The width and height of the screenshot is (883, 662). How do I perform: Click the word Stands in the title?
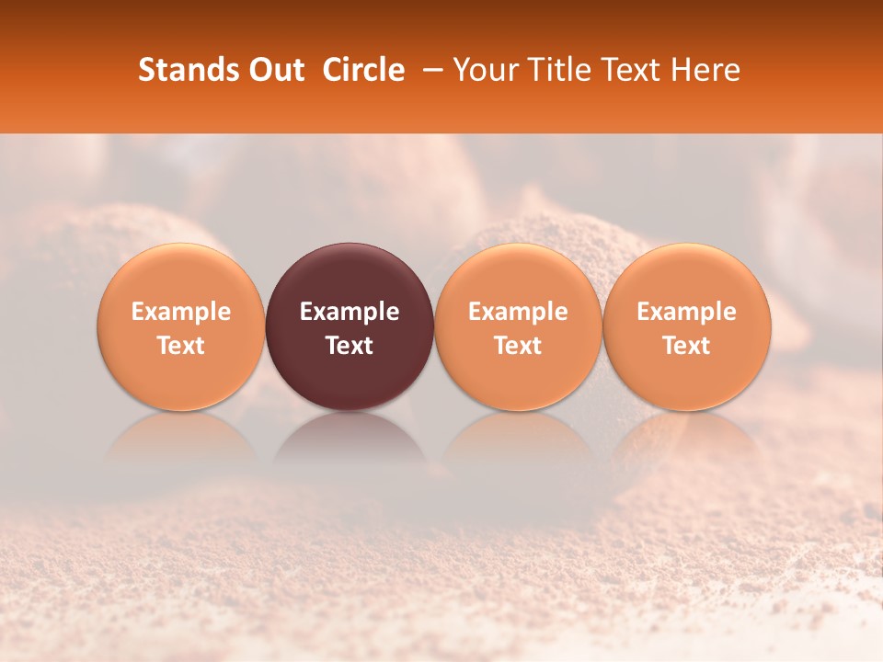189,70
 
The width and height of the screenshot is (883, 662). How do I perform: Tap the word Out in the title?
276,70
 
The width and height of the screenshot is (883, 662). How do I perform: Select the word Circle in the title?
363,70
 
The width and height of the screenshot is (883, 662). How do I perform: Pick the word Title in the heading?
552,70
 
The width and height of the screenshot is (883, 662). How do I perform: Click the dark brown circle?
350,276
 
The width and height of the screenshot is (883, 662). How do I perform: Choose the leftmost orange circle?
180,276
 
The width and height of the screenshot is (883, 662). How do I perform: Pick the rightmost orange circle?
687,276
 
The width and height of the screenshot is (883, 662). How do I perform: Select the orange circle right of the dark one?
518,276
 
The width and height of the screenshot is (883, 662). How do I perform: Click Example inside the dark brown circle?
350,312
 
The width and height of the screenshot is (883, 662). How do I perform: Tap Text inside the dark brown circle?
350,346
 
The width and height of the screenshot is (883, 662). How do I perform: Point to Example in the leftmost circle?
180,312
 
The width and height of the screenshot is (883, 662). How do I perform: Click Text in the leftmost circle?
180,346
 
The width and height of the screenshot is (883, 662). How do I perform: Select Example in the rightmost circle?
687,312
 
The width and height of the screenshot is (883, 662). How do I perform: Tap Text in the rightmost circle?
687,346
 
